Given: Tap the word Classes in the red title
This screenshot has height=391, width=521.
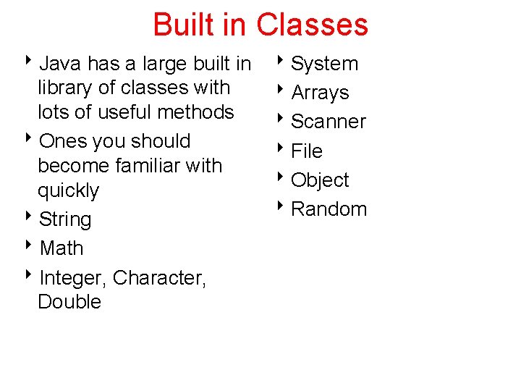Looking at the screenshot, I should (x=312, y=25).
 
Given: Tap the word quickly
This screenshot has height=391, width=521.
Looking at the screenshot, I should (x=68, y=191).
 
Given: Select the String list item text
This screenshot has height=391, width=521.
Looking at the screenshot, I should (x=65, y=219).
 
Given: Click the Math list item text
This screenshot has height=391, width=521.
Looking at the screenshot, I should (x=62, y=248).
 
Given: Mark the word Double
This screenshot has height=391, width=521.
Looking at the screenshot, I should (x=69, y=302).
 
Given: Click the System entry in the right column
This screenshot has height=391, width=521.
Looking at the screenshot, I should (x=324, y=64).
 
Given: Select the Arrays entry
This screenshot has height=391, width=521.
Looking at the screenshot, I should (x=320, y=93).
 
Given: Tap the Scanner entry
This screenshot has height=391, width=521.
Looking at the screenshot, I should (x=328, y=122).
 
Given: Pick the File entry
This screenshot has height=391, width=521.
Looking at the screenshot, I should (x=307, y=151).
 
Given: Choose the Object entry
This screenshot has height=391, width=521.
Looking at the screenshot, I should (x=320, y=180).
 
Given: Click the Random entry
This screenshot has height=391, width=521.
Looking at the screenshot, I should (x=329, y=209).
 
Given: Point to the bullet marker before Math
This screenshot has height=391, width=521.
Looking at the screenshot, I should (x=33, y=248).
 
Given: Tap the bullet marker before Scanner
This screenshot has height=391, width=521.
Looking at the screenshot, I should (x=283, y=121).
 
